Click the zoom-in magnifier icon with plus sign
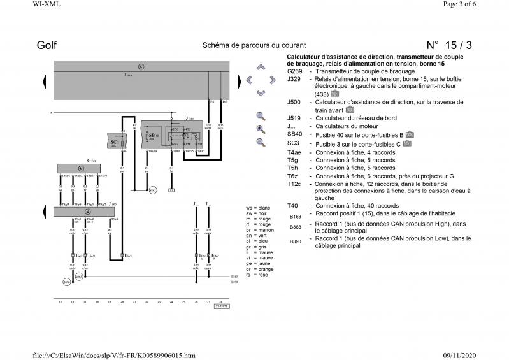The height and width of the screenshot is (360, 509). click(261, 128)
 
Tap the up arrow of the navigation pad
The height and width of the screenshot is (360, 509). click(261, 67)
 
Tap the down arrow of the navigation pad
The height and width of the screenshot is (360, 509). click(261, 93)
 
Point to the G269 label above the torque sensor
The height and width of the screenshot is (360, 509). click(92, 161)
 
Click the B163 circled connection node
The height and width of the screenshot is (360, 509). click(152, 191)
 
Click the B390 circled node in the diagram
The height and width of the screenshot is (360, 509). click(66, 281)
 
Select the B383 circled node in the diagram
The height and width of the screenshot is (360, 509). click(78, 277)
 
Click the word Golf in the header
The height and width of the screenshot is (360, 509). click(47, 45)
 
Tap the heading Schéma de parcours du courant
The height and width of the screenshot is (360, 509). click(254, 45)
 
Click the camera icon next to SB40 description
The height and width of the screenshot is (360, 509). click(410, 134)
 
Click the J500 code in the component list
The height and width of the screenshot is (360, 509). click(294, 102)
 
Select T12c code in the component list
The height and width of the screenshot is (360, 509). click(294, 184)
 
